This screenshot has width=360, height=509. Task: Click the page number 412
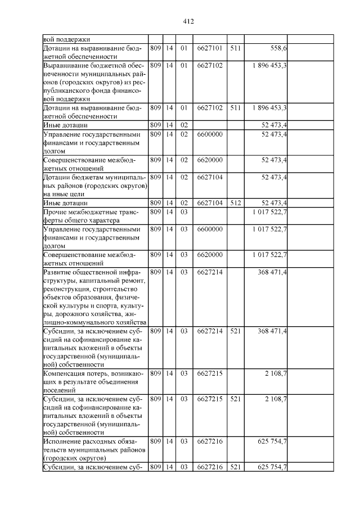click(188, 21)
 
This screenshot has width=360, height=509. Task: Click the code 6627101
click(210, 48)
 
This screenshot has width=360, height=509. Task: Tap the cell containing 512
click(236, 202)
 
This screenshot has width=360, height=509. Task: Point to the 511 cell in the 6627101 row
click(236, 48)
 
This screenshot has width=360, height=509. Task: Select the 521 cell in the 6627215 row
click(236, 399)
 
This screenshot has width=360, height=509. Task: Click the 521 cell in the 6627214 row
click(236, 331)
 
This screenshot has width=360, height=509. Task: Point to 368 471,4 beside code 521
click(272, 331)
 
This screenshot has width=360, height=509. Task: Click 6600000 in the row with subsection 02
click(210, 134)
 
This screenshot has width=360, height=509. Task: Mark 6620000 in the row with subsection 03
click(210, 255)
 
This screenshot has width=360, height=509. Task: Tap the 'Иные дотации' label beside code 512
click(63, 202)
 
